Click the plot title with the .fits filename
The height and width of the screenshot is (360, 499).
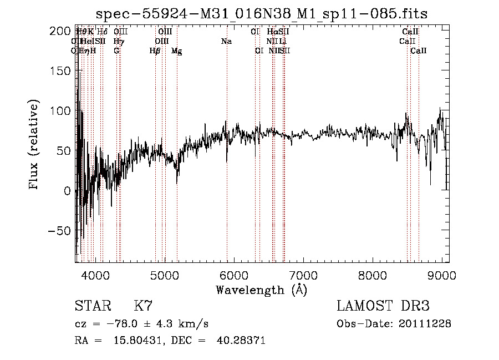(262, 13)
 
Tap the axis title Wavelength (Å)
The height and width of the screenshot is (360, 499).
(261, 290)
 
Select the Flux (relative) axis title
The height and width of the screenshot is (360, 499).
(34, 145)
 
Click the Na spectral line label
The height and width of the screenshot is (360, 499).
(226, 42)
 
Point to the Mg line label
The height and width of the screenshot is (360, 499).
(177, 51)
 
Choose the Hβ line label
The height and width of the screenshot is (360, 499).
(155, 51)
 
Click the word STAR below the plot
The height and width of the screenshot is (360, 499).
(92, 306)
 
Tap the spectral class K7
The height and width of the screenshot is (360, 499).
(144, 306)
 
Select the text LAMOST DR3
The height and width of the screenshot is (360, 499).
(383, 306)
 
